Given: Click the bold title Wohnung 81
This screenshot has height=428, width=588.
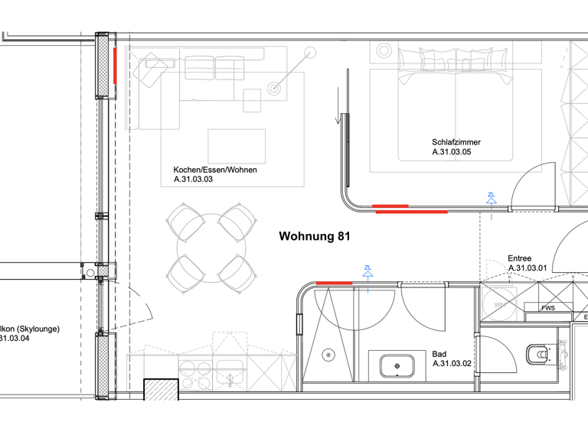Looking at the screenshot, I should pos(315,237).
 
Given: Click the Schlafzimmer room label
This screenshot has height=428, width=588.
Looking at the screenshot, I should pos(457,142).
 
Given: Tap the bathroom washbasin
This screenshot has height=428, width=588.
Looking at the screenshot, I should pos(397,366).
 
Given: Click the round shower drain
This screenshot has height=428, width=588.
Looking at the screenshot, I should pos(328,355).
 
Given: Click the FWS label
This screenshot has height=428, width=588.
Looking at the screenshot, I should pos(548,309).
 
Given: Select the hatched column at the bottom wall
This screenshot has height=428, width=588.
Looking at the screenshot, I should pos(162,390).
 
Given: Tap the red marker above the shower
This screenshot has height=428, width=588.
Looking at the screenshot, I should pos(335,283).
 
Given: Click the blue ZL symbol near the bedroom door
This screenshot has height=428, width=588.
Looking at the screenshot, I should pos(491,198).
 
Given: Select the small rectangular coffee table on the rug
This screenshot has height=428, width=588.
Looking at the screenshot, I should pos(237,146).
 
